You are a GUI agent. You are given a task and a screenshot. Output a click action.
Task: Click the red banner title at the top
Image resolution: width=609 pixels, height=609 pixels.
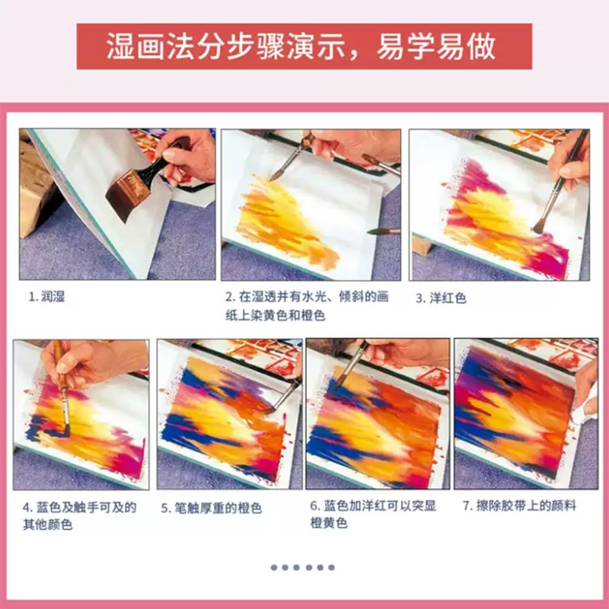(304, 46)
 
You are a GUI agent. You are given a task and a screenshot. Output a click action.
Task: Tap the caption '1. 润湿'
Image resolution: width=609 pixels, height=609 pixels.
(47, 297)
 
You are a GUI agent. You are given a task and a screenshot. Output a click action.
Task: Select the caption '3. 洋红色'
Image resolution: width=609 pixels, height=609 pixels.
(441, 298)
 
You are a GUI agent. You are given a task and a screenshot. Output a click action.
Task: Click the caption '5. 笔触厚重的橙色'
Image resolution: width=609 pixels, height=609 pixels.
(212, 508)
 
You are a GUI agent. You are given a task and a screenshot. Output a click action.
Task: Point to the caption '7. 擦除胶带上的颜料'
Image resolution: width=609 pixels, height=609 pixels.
(519, 505)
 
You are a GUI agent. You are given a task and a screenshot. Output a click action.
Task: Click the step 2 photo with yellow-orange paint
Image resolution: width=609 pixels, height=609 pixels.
(311, 205)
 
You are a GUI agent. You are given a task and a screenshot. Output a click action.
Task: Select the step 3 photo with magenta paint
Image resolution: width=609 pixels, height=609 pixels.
(499, 205)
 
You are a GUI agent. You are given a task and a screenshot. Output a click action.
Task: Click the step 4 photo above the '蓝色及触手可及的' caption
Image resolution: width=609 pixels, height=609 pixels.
(81, 414)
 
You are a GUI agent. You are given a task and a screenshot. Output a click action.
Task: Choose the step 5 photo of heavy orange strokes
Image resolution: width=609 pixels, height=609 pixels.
(230, 414)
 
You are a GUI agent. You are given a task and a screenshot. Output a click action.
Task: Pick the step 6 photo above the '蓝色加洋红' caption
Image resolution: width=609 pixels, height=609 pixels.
(378, 414)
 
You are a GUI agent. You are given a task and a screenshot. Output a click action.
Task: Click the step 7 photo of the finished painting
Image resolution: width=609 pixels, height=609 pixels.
(526, 414)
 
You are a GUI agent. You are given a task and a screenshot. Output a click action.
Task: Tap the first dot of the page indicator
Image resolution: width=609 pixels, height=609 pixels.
(274, 567)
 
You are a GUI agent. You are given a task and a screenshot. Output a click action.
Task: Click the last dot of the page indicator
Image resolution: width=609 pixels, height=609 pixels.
(331, 567)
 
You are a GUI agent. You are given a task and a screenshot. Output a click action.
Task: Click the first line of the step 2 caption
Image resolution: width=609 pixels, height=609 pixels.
(307, 297)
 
